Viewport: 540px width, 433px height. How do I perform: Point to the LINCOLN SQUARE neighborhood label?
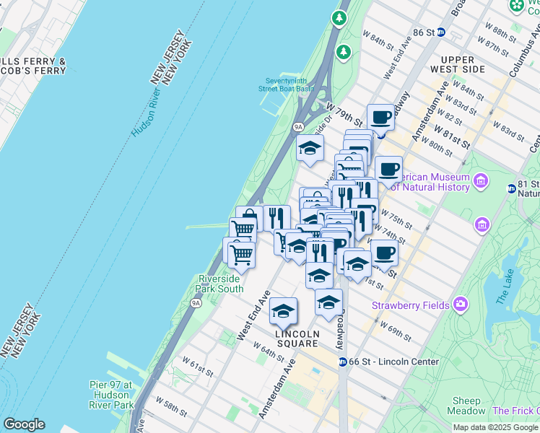click(x=297, y=338)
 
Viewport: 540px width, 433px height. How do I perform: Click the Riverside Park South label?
click(x=219, y=284)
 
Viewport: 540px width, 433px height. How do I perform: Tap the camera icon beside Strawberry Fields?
click(x=459, y=305)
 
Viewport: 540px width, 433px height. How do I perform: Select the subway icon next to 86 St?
click(x=441, y=32)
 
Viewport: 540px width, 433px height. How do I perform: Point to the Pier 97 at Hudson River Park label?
click(x=111, y=395)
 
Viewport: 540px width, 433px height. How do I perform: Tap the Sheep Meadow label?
click(x=467, y=406)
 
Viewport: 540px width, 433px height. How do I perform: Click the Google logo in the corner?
click(x=24, y=424)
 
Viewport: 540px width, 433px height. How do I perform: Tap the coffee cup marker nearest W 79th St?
click(x=380, y=117)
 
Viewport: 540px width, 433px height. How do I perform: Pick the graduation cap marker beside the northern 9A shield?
click(x=310, y=149)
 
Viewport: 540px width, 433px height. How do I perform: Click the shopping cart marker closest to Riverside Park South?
click(x=241, y=254)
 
